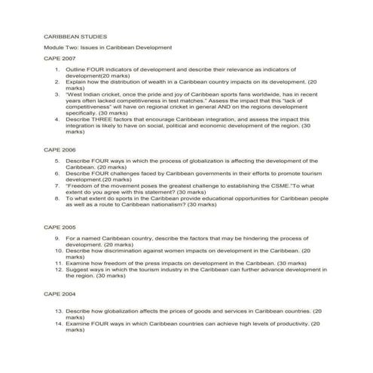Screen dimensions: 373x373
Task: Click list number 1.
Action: tap(57, 70)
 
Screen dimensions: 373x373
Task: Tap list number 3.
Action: tap(57, 95)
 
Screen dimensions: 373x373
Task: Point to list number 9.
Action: tap(57, 237)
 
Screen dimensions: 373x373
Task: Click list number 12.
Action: tap(57, 269)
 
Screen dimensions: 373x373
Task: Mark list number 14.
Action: tap(57, 323)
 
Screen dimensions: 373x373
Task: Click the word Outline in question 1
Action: tap(78, 70)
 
